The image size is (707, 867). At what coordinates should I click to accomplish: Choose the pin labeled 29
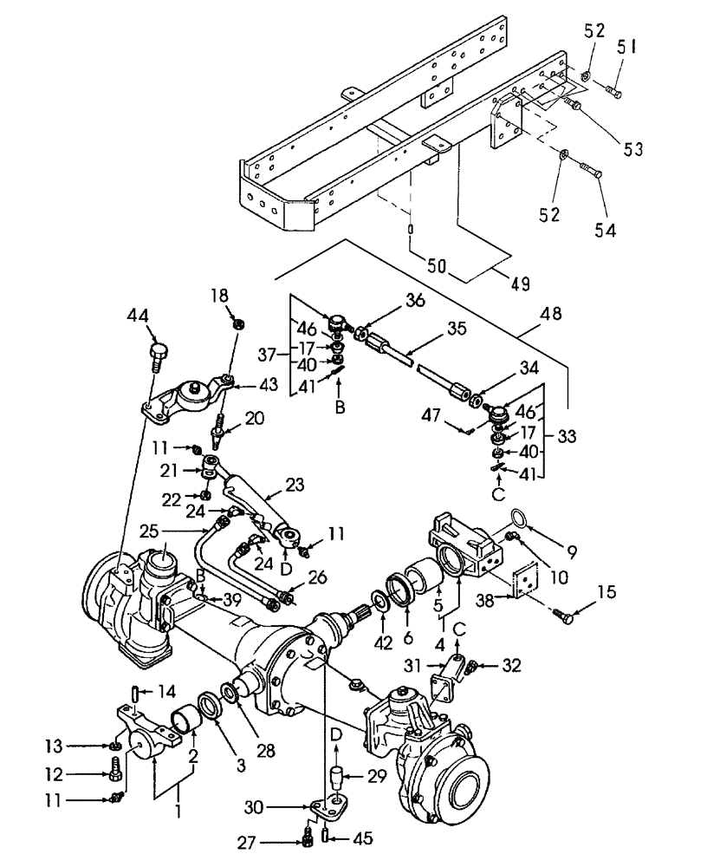point(336,777)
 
